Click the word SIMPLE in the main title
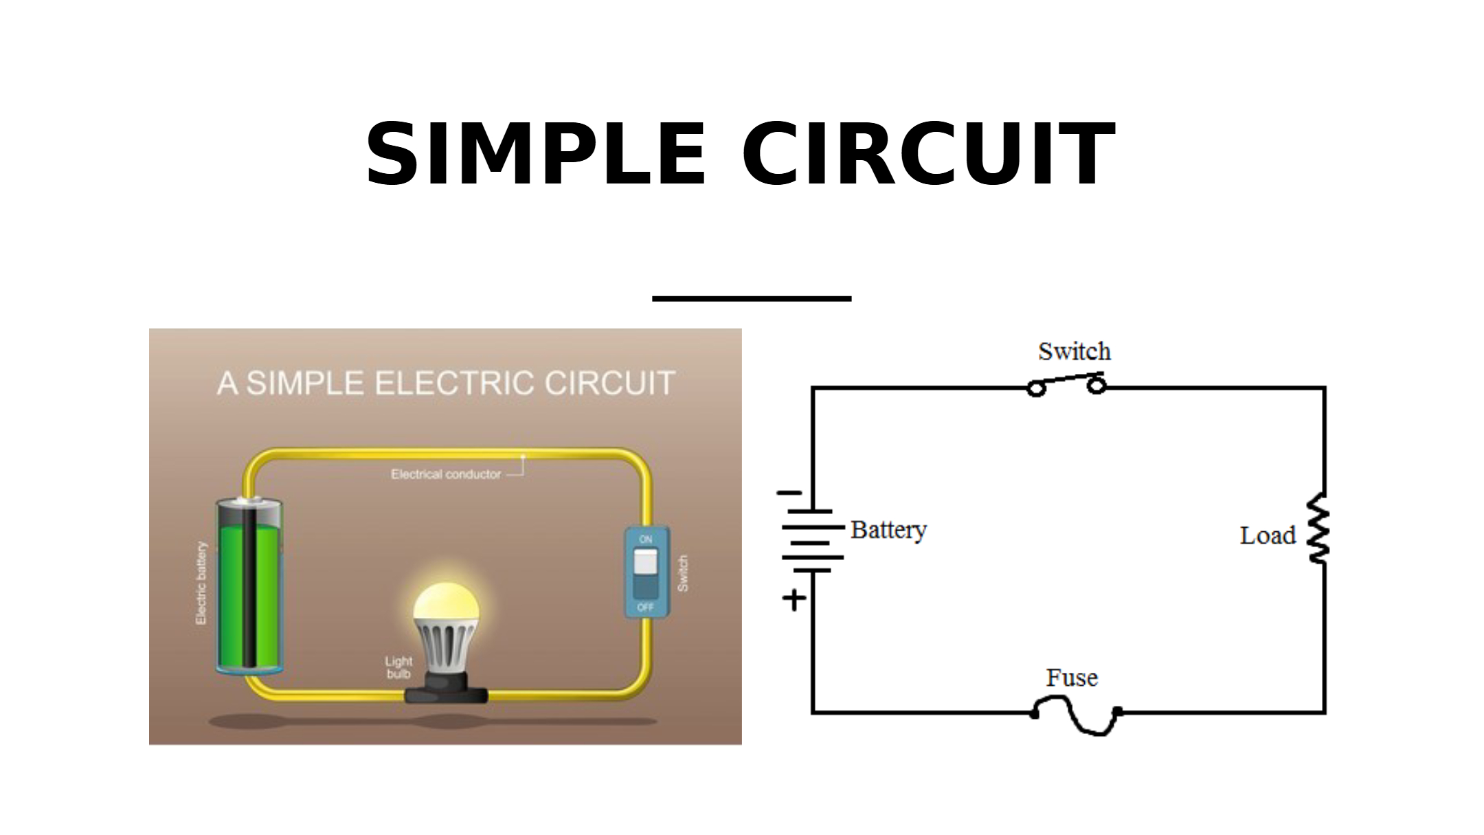pyautogui.click(x=535, y=155)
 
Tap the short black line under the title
pyautogui.click(x=752, y=299)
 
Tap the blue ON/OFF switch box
pyautogui.click(x=646, y=572)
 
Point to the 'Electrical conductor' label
pyautogui.click(x=446, y=474)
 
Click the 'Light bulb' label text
pyautogui.click(x=398, y=667)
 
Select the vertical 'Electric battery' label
pyautogui.click(x=201, y=583)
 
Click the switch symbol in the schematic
pyautogui.click(x=1066, y=384)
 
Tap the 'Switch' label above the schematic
pyautogui.click(x=1074, y=351)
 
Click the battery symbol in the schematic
pyautogui.click(x=812, y=541)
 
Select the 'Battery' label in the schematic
pyautogui.click(x=888, y=530)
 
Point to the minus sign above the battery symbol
pyautogui.click(x=789, y=493)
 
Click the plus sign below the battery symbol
pyautogui.click(x=794, y=600)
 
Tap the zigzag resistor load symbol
pyautogui.click(x=1318, y=528)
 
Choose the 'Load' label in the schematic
pyautogui.click(x=1268, y=535)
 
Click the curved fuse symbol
pyautogui.click(x=1076, y=715)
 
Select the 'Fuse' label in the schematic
pyautogui.click(x=1072, y=678)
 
